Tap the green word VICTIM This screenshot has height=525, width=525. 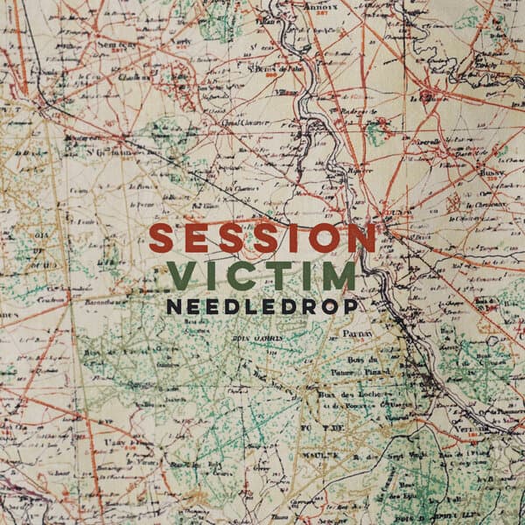[x=262, y=276]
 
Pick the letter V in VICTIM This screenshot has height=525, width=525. [x=183, y=276]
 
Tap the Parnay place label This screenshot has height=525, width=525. [x=363, y=333]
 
